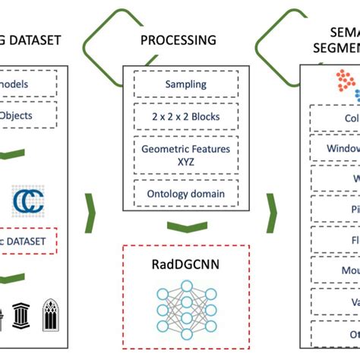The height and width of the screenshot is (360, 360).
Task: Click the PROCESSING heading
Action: pos(180,39)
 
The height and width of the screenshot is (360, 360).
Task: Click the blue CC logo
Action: pos(28,202)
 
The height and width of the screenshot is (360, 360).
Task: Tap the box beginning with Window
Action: pos(335,150)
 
